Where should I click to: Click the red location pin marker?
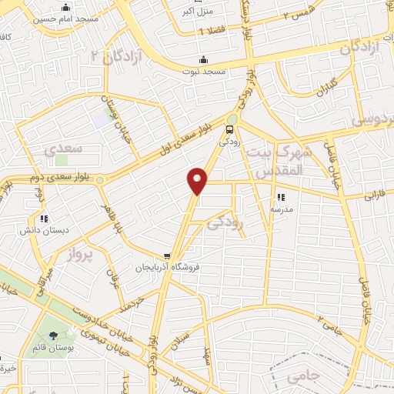[198, 180]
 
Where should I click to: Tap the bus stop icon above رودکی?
[231, 130]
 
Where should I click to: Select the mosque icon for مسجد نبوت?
[203, 60]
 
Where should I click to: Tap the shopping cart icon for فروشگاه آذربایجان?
[167, 256]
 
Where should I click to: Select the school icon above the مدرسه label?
[280, 196]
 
